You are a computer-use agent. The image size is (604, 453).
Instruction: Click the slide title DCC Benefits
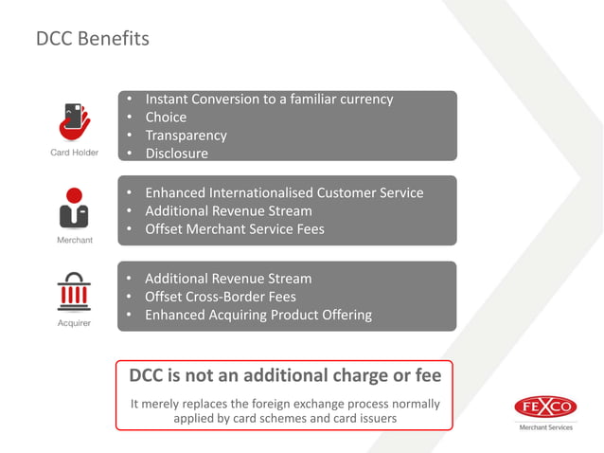[x=93, y=39]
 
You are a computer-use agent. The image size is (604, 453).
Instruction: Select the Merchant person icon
[x=74, y=209]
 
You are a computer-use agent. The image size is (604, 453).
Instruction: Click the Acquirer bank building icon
[x=74, y=293]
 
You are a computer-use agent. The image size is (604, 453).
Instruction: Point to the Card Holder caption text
[x=74, y=153]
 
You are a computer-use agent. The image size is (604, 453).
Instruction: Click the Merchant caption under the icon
[x=74, y=240]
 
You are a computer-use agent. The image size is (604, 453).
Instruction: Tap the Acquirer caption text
[x=74, y=323]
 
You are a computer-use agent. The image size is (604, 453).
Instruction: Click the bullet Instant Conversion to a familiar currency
[x=268, y=100]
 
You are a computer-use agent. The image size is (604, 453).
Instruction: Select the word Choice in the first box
[x=165, y=118]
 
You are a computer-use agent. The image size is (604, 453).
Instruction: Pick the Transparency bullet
[x=186, y=136]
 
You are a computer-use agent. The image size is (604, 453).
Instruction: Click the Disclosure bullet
[x=176, y=154]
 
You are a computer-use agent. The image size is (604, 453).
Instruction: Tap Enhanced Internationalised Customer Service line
[x=284, y=193]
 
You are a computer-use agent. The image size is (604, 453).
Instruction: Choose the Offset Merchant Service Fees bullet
[x=234, y=229]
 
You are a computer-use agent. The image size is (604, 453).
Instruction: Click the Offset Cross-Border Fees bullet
[x=220, y=297]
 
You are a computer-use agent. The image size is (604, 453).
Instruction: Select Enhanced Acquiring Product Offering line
[x=258, y=315]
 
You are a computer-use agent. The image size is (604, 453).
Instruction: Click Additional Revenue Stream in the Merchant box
[x=228, y=211]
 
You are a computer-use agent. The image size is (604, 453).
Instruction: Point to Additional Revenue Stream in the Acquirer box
[x=228, y=279]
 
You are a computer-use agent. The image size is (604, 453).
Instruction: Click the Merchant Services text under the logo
[x=546, y=428]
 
